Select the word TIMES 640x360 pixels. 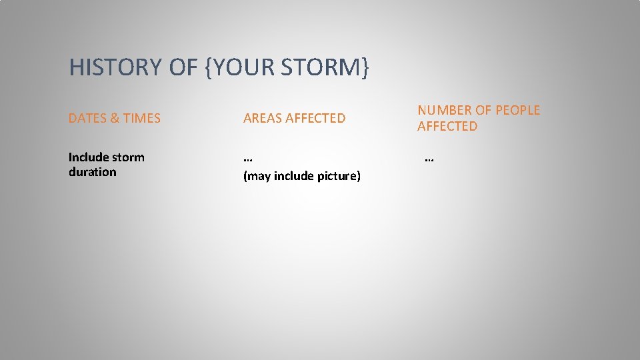pyautogui.click(x=141, y=119)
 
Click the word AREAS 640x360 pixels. pyautogui.click(x=262, y=119)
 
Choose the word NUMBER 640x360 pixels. pyautogui.click(x=445, y=111)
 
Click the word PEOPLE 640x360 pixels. pyautogui.click(x=516, y=111)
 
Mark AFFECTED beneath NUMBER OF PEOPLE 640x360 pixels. pyautogui.click(x=447, y=126)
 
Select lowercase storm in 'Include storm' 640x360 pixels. pyautogui.click(x=129, y=157)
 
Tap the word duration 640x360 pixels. pyautogui.click(x=92, y=172)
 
